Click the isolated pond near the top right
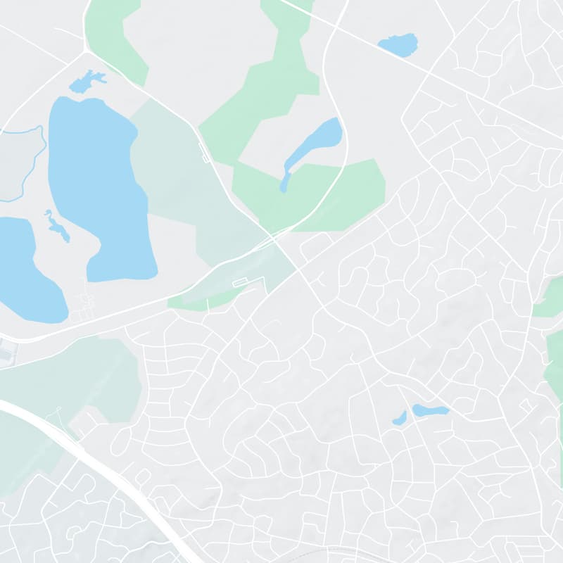[399, 45]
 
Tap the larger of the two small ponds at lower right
[430, 410]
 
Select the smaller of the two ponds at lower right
[400, 419]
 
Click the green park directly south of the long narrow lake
[317, 197]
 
